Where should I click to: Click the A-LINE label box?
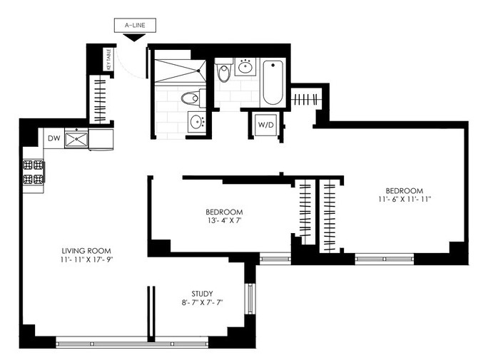click(x=135, y=25)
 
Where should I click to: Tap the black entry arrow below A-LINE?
click(x=134, y=38)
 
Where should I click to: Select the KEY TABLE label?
click(x=108, y=59)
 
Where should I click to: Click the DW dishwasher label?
click(x=54, y=138)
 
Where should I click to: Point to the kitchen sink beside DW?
click(x=76, y=139)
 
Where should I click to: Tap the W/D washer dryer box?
click(x=265, y=125)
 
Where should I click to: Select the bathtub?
click(x=273, y=83)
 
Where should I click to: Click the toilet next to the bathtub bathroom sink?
click(x=223, y=71)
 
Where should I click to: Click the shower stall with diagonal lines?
click(x=181, y=71)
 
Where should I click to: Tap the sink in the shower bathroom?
click(x=197, y=122)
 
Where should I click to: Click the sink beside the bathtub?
click(x=245, y=67)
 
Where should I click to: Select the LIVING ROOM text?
click(x=86, y=251)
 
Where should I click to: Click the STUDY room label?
click(x=202, y=294)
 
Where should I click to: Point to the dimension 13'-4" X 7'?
click(x=224, y=220)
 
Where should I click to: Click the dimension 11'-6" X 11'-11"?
click(x=405, y=199)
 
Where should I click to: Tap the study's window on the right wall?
click(x=250, y=299)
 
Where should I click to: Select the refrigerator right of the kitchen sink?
click(x=101, y=140)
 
